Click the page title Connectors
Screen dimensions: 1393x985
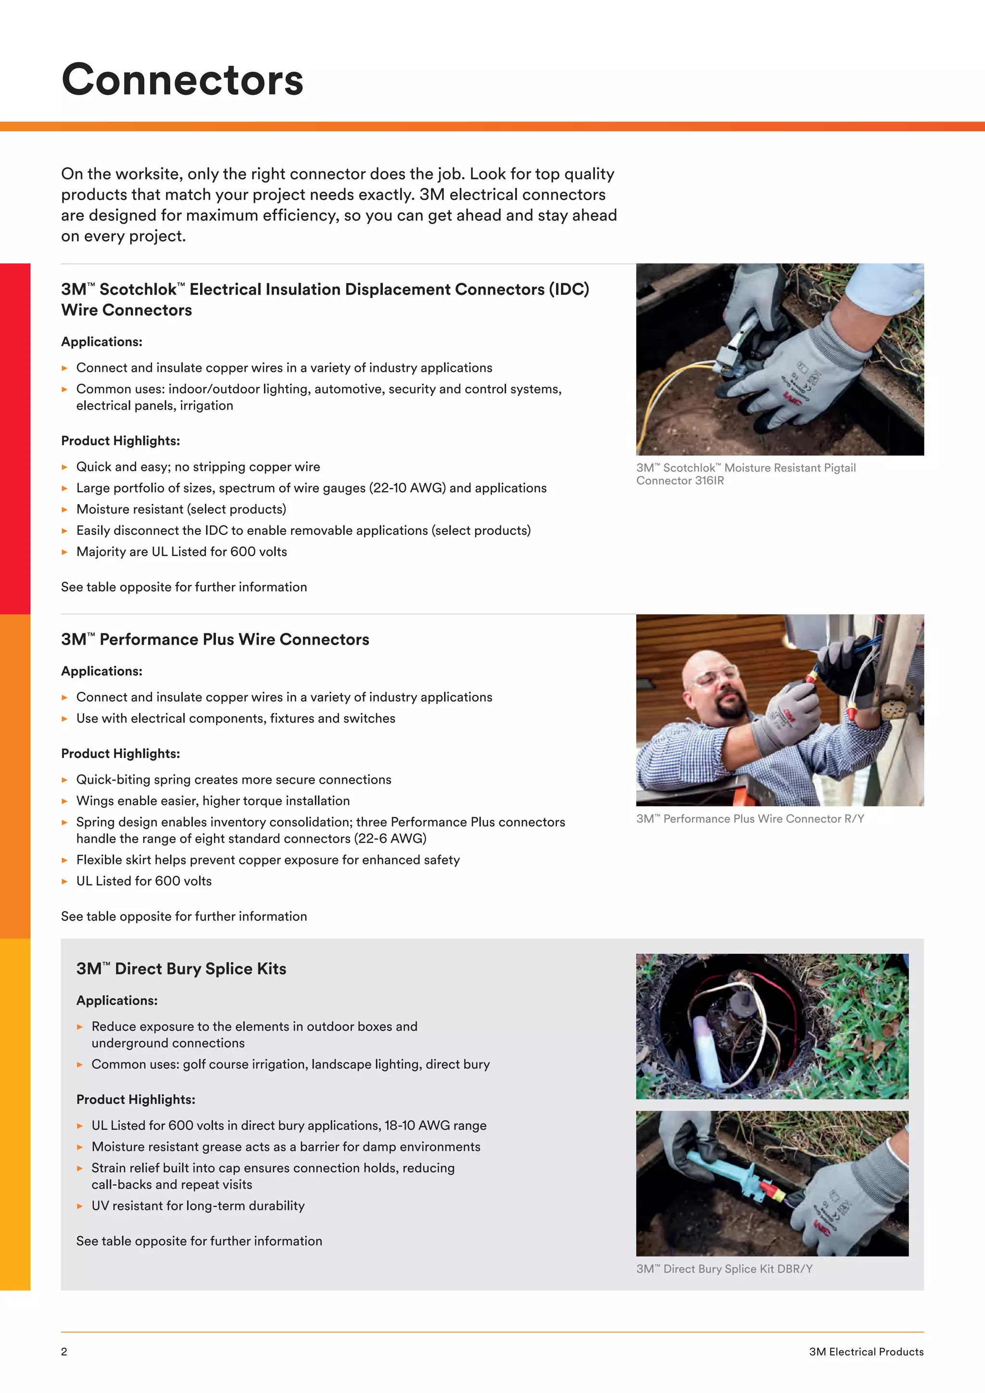(x=182, y=80)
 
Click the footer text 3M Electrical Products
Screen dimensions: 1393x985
(x=866, y=1352)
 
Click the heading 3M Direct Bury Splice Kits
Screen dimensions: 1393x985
(x=181, y=969)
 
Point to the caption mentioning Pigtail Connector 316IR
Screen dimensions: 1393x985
(x=745, y=474)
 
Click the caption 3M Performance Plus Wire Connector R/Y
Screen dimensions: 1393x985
(x=750, y=819)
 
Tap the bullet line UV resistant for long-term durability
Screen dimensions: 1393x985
(x=198, y=1206)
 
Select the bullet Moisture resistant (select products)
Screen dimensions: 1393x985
(x=181, y=510)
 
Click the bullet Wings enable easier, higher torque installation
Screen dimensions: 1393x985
(x=212, y=801)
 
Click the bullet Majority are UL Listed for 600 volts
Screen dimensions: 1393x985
(x=181, y=552)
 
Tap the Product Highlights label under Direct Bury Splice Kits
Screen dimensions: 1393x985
(x=135, y=1100)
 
